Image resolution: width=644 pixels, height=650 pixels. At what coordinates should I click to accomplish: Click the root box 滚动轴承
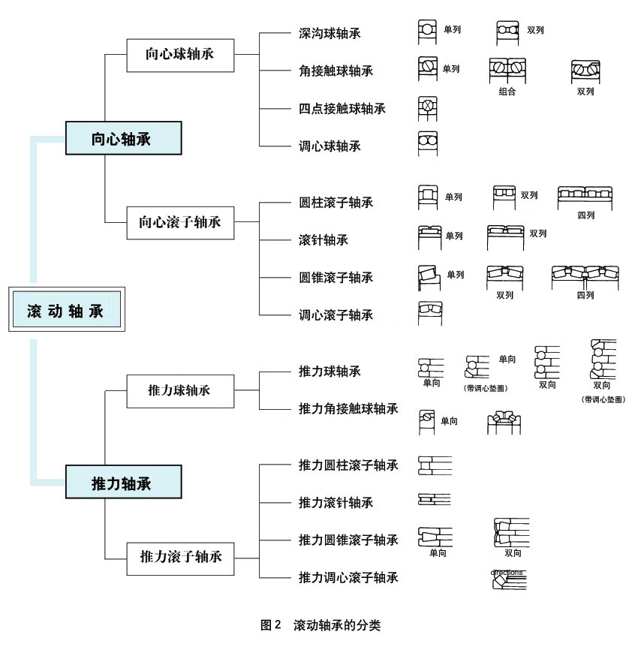click(66, 308)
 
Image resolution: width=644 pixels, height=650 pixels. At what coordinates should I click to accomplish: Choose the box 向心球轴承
click(180, 54)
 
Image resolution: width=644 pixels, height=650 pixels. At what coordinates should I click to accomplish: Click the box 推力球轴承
click(180, 390)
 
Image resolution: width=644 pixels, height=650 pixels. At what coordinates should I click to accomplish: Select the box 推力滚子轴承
click(180, 558)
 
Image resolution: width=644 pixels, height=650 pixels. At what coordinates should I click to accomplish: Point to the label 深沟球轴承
click(330, 34)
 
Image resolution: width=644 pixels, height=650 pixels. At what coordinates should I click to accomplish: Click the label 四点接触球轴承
click(342, 109)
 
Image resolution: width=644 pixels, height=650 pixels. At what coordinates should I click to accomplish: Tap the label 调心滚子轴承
click(336, 315)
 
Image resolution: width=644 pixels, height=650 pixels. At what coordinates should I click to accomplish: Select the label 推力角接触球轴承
click(348, 409)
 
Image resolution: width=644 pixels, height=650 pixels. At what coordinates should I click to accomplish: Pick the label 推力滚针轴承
click(336, 503)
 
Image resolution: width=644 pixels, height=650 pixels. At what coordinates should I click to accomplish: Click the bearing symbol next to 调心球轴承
click(428, 143)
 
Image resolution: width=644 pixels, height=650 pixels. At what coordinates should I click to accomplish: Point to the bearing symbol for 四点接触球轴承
click(427, 107)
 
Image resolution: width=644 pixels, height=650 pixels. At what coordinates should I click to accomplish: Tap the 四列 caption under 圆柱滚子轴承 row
click(585, 215)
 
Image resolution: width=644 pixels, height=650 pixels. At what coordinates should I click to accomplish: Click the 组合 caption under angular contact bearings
click(507, 92)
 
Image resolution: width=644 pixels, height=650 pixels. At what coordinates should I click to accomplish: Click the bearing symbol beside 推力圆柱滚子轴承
click(434, 465)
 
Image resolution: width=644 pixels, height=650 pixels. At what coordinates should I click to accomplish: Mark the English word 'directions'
click(507, 572)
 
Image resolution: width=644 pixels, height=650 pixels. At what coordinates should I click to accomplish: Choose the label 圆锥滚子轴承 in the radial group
click(336, 278)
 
